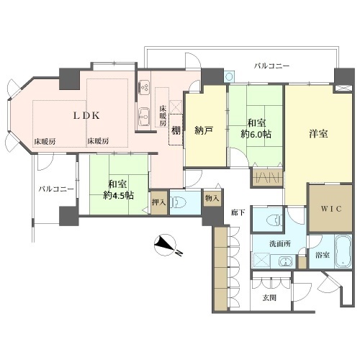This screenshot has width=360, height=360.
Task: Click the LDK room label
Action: (x=86, y=116)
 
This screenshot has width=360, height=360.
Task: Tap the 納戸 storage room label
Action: (x=204, y=130)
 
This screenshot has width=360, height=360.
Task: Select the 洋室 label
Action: (x=318, y=133)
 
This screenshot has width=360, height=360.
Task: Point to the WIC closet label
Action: (x=331, y=209)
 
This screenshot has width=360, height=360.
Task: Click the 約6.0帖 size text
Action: (x=256, y=134)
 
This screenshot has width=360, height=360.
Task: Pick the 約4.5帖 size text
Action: (x=118, y=195)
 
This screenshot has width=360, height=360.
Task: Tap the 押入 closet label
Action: (x=159, y=202)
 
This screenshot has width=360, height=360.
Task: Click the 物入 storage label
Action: (x=212, y=198)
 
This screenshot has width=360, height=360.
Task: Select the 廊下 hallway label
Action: (x=238, y=212)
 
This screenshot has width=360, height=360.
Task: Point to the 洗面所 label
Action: (x=280, y=244)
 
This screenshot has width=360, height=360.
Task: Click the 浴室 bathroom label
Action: (x=323, y=255)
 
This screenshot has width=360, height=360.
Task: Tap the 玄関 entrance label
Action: (x=269, y=298)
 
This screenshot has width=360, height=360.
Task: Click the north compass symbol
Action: (x=166, y=245)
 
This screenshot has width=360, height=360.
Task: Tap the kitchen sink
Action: (x=144, y=117)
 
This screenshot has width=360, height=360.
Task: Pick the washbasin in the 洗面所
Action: (x=286, y=261)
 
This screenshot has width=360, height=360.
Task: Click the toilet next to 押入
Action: (x=179, y=202)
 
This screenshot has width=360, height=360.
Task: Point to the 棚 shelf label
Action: (x=176, y=130)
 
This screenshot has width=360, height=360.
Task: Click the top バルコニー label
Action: (x=272, y=66)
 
